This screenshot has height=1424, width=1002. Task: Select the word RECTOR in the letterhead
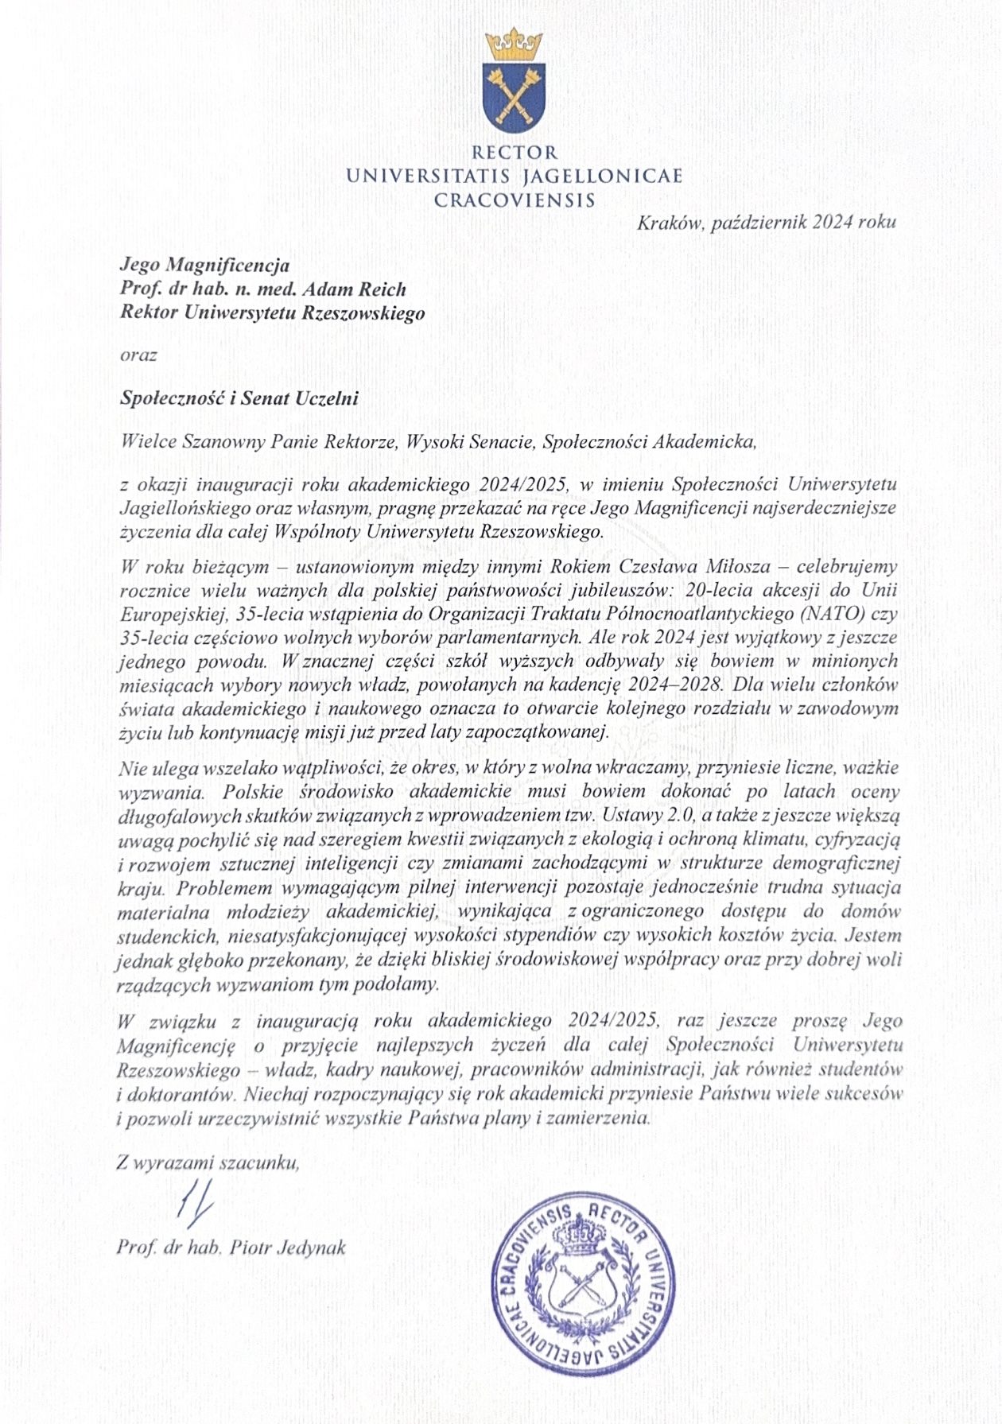point(515,152)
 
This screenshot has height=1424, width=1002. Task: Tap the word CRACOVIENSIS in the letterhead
point(515,199)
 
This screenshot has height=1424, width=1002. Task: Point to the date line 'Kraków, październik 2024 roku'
point(766,222)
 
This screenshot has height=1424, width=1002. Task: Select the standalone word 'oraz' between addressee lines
point(138,355)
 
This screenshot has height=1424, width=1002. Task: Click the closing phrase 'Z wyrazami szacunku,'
point(208,1162)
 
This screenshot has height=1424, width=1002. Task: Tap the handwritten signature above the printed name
point(195,1205)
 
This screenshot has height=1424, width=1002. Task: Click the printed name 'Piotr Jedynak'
point(288,1247)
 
